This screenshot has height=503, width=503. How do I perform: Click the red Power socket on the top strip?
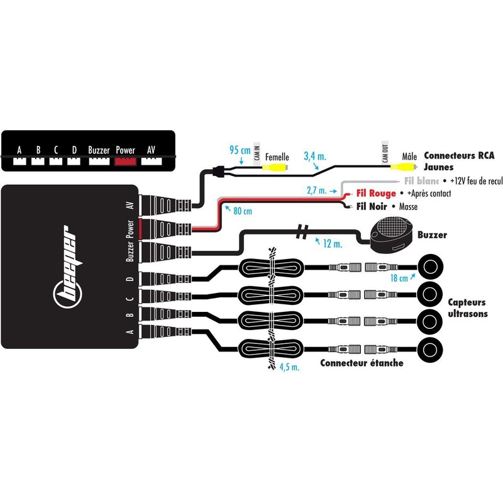click(125, 161)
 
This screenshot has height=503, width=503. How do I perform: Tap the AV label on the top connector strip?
click(151, 150)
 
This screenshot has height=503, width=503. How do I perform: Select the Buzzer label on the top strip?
click(99, 150)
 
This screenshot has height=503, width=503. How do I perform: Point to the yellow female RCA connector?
click(276, 169)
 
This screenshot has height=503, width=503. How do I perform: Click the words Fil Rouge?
click(376, 193)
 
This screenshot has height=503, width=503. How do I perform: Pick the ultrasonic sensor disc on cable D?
click(431, 267)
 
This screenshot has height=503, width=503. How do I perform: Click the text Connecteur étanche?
click(362, 363)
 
